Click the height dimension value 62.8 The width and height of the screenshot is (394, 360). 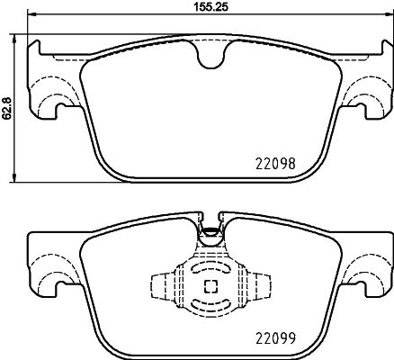[x=8, y=107]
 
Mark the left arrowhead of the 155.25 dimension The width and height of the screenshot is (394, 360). [x=31, y=15]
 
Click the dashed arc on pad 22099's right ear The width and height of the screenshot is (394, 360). [x=367, y=265]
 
